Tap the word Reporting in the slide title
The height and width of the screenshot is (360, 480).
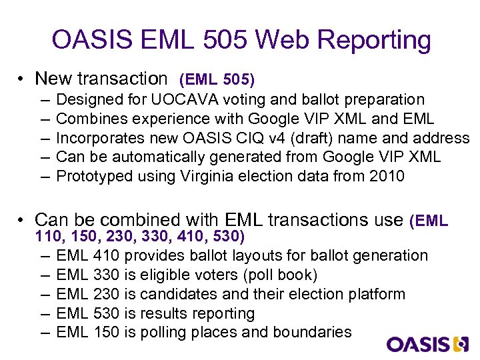(x=375, y=40)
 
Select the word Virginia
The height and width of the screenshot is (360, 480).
(x=207, y=176)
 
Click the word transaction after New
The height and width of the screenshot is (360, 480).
(x=123, y=79)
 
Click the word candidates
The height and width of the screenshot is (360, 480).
(x=180, y=294)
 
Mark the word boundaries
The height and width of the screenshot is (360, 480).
(x=310, y=332)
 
